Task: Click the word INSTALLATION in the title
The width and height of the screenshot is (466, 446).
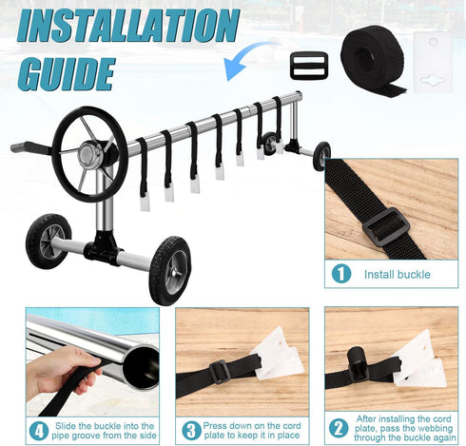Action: [127, 27]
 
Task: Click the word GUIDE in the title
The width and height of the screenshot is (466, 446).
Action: [66, 74]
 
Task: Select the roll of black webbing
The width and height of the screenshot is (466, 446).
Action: [374, 59]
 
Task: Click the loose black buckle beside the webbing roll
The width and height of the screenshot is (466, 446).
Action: [309, 66]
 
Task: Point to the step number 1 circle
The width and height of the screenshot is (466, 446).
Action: [341, 274]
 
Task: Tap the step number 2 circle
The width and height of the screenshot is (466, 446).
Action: [339, 429]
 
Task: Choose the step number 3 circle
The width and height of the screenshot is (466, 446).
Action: [191, 430]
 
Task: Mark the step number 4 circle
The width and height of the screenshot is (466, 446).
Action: [39, 431]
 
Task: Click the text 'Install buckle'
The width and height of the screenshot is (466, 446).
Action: [398, 275]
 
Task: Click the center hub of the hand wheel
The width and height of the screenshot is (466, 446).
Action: [88, 154]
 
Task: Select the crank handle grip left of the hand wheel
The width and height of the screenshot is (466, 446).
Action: [30, 146]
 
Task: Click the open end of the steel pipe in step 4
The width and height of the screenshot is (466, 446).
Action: [140, 367]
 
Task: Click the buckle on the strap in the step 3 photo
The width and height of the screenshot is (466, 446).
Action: [220, 372]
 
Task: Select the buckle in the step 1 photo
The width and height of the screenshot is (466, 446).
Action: [386, 226]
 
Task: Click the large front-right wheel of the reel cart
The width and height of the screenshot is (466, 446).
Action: [169, 270]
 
